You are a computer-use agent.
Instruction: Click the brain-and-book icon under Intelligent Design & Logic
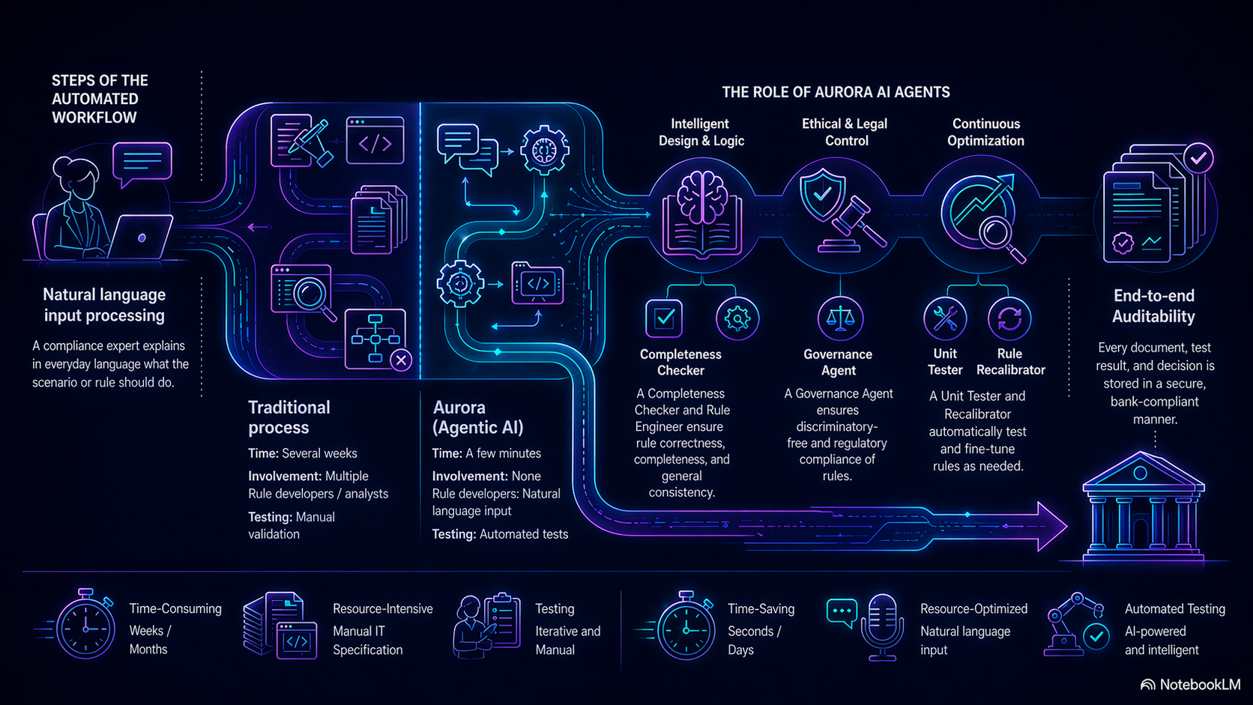click(702, 213)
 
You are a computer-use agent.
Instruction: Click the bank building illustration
click(1142, 506)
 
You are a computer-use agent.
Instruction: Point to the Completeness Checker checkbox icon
click(664, 318)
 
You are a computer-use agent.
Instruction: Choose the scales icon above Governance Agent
click(840, 318)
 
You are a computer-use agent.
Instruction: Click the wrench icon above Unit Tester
click(945, 318)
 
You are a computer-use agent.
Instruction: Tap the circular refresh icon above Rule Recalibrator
click(1009, 318)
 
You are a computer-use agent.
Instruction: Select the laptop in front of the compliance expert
click(140, 237)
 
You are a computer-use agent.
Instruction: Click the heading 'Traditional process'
click(289, 417)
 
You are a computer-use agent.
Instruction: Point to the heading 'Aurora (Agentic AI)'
click(478, 417)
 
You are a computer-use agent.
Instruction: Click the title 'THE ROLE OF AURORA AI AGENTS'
click(836, 92)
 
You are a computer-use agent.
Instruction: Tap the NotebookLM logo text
click(1199, 685)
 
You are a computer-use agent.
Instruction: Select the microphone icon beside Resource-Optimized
click(882, 626)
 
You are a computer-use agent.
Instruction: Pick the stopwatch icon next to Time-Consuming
click(85, 626)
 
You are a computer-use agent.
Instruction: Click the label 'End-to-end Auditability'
click(1153, 306)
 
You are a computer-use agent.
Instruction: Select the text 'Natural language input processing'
click(104, 305)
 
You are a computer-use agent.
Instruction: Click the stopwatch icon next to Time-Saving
click(685, 628)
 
